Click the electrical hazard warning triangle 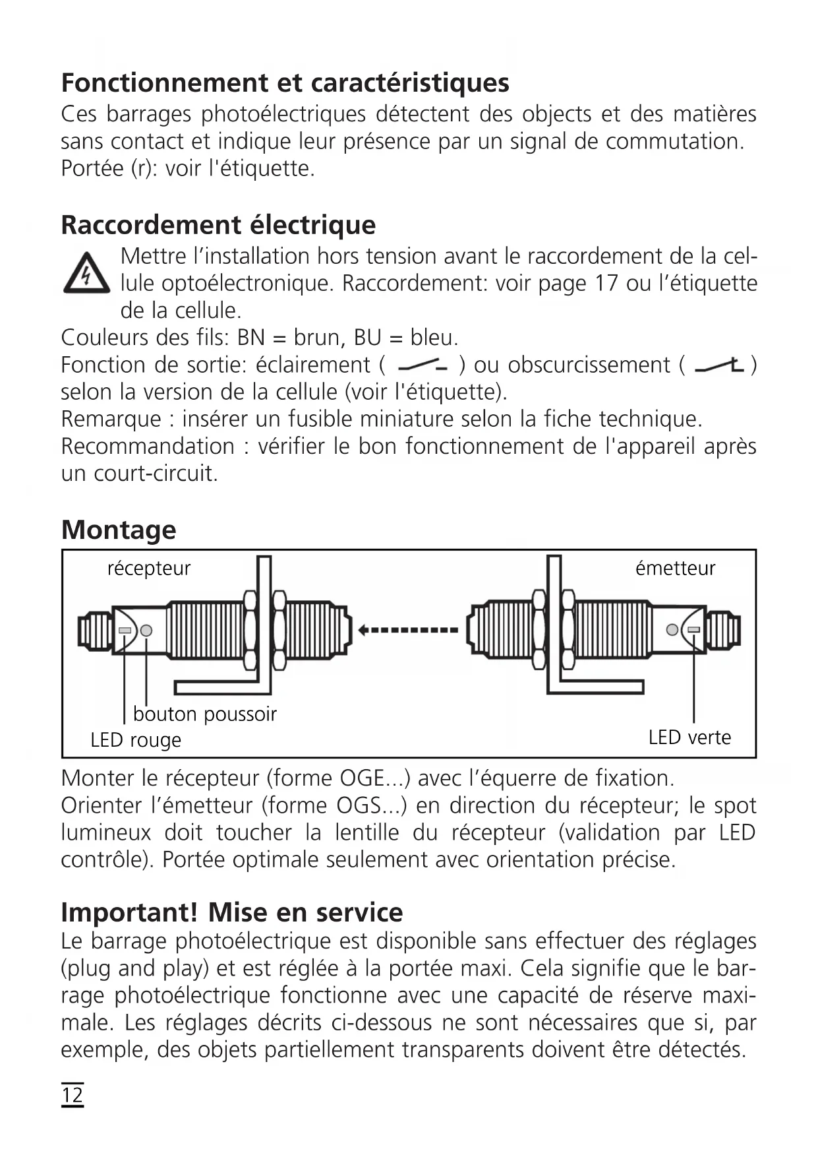coord(86,274)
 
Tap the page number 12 coord(73,1095)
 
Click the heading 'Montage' coord(119,530)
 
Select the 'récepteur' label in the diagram coord(149,568)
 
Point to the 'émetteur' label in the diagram coord(675,568)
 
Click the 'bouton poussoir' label coord(204,714)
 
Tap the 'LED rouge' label coord(136,740)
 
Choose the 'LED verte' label coord(689,737)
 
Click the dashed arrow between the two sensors coord(409,630)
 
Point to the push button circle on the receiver coord(146,631)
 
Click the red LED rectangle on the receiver coord(125,631)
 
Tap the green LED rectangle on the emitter coord(693,630)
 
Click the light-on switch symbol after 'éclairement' coord(423,365)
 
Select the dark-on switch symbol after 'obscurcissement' coord(719,365)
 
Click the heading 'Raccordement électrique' coord(218,225)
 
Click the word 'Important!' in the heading coord(129,912)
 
